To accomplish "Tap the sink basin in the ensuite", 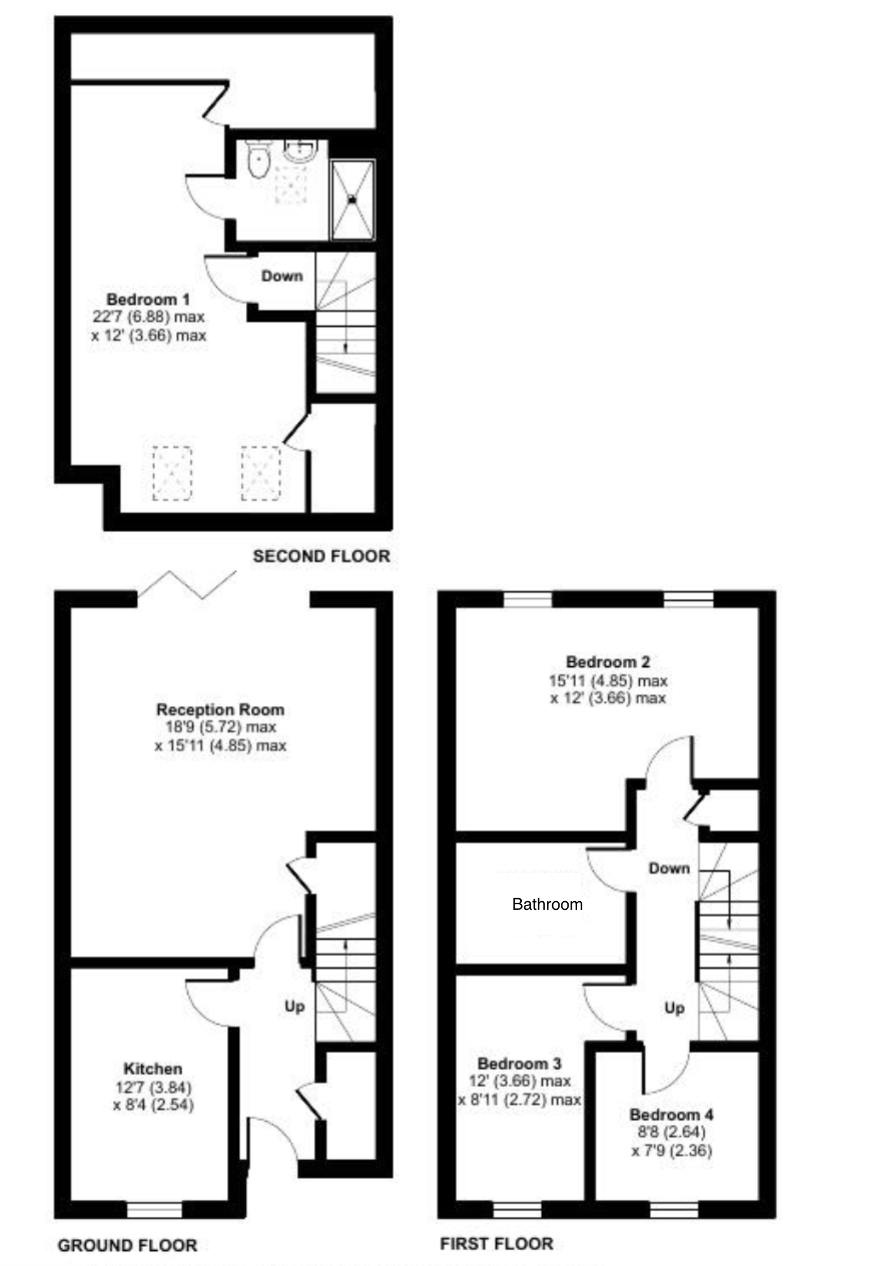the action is point(301,149).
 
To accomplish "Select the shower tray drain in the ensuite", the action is point(353,198).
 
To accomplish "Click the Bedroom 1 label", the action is point(148,299).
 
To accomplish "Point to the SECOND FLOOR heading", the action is point(322,556).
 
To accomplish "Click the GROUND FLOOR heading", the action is point(127,1245).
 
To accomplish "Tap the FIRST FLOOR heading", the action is point(496,1244).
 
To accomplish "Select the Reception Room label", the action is point(220,709).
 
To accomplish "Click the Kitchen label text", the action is point(153,1069).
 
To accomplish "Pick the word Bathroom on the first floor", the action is point(547,904).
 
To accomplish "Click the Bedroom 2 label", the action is point(608,662).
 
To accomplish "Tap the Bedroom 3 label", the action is point(520,1063).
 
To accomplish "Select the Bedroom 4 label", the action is point(671,1114).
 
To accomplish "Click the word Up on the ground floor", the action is point(294,1007).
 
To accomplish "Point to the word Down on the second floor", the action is point(282,276).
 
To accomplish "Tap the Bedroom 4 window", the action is point(674,1210).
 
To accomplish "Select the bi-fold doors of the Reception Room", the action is point(187,585).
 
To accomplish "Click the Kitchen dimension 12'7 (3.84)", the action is point(154,1087).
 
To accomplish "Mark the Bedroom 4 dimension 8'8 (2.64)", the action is point(671,1132).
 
